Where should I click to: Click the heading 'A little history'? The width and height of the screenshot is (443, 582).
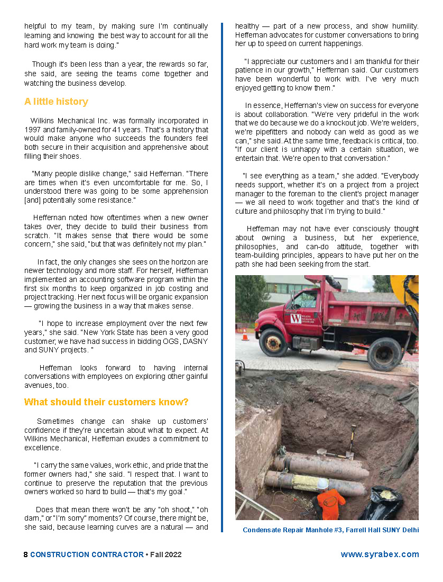point(56,102)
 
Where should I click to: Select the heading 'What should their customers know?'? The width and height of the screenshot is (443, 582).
point(106,402)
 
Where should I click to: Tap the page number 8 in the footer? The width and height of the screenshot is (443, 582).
point(26,554)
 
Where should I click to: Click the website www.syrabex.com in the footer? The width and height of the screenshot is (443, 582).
point(380,554)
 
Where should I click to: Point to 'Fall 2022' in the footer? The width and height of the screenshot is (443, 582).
point(165,554)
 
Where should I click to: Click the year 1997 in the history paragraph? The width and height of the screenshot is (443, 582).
point(33,130)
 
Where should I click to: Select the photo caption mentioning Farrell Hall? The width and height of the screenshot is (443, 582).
point(330,530)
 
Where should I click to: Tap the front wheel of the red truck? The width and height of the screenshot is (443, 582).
point(273,343)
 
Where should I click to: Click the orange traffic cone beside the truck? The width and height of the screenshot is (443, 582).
point(245,334)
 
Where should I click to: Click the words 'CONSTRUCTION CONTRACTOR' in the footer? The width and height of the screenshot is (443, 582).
point(87,554)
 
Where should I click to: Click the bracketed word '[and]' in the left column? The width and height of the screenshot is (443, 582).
point(32,200)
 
